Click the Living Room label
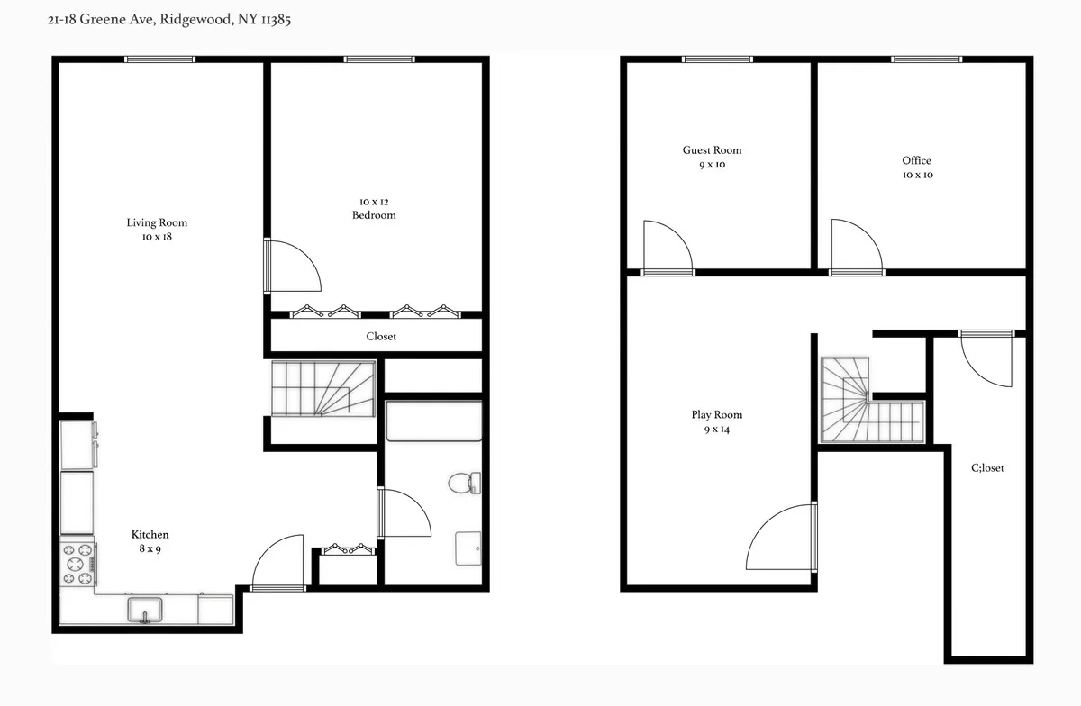click(x=157, y=222)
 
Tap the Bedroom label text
click(x=374, y=215)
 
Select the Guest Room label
click(x=712, y=150)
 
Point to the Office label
click(x=916, y=161)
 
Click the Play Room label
click(x=717, y=415)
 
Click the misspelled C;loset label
click(x=987, y=468)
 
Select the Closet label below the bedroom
click(x=381, y=337)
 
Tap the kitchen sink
click(x=144, y=610)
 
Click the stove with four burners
click(x=77, y=564)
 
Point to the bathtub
click(x=433, y=421)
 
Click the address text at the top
click(x=167, y=18)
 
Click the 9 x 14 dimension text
click(x=717, y=430)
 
